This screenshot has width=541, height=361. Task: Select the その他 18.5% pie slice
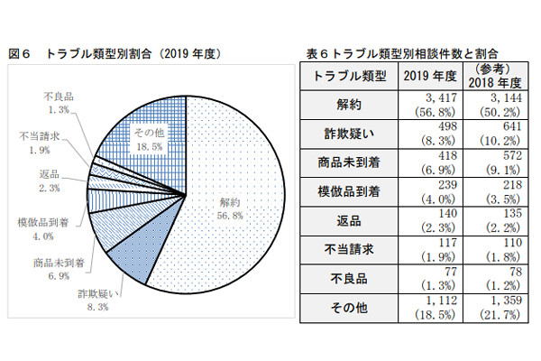click(x=145, y=139)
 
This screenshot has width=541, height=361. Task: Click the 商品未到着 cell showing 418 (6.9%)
click(x=427, y=162)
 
